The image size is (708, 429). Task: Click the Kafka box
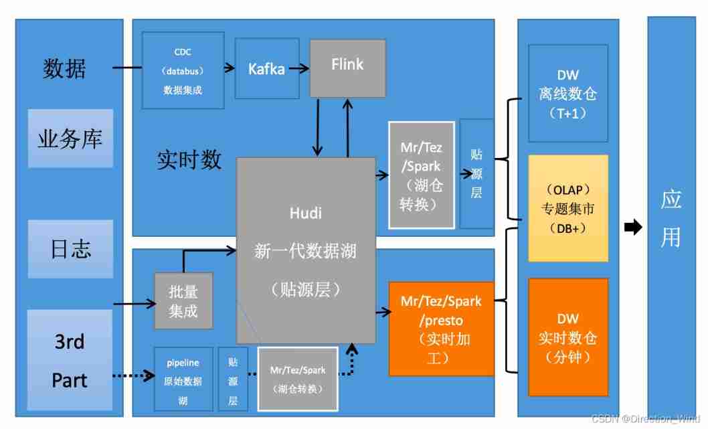pos(266,68)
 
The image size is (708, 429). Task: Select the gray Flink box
pos(347,68)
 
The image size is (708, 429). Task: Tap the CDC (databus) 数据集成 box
pos(183,70)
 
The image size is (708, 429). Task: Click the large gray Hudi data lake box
pos(306,251)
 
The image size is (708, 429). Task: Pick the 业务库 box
pos(70,139)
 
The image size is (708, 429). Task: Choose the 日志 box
pos(70,249)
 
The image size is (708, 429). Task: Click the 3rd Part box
pos(70,360)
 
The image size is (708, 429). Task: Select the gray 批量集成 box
pos(183,301)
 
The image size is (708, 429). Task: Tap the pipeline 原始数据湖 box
pos(183,378)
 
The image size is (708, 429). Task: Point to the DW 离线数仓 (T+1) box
pos(568,94)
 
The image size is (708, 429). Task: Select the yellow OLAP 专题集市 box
pos(568,208)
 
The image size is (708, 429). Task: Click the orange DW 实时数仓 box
pos(568,338)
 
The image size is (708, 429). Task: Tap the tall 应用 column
pos(671,218)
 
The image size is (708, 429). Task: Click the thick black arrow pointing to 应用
pos(632,228)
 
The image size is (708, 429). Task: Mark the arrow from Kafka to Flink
pos(298,68)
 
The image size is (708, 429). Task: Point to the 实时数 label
pos(189,160)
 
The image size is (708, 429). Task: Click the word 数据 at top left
pos(64,68)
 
